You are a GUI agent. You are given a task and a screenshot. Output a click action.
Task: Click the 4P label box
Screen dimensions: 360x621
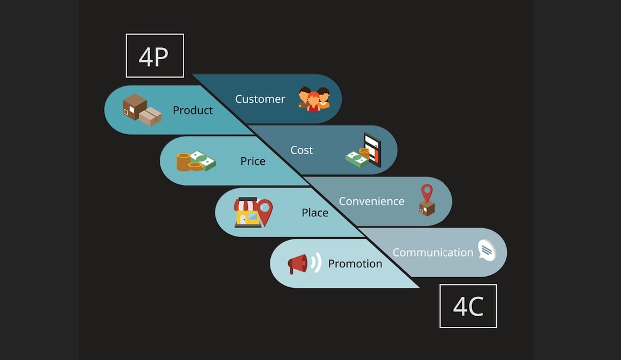[154, 56]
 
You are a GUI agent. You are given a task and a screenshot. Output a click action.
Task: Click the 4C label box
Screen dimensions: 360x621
[468, 306]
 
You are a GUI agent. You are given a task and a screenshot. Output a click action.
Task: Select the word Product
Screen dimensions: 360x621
[193, 110]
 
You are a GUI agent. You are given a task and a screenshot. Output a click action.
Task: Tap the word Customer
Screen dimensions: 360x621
[260, 99]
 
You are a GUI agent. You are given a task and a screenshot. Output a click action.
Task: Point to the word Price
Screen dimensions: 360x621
[253, 161]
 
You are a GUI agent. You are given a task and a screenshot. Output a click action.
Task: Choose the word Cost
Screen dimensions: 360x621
[301, 150]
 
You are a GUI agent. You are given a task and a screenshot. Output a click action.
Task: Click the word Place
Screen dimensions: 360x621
[315, 212]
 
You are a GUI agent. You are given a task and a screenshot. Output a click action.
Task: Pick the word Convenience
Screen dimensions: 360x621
[371, 201]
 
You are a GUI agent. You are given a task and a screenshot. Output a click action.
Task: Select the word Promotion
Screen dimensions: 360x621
[355, 264]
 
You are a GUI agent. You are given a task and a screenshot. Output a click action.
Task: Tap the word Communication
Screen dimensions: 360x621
[433, 252]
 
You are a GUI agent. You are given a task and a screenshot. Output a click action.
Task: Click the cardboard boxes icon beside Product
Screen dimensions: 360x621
[141, 110]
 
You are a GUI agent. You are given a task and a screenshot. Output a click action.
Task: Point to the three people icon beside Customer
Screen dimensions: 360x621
[313, 99]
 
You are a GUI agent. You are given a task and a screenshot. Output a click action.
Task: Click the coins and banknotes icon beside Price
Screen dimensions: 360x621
[196, 161]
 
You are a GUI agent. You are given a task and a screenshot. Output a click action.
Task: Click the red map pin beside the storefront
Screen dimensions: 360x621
[265, 212]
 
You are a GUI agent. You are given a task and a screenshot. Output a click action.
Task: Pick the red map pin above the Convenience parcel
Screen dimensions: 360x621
[426, 193]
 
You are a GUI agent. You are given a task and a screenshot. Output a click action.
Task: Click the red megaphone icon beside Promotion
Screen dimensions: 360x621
[298, 264]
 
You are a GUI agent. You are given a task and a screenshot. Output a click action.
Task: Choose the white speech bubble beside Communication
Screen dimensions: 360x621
[487, 251]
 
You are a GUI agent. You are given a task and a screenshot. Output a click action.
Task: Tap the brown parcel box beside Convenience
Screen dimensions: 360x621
[426, 208]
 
